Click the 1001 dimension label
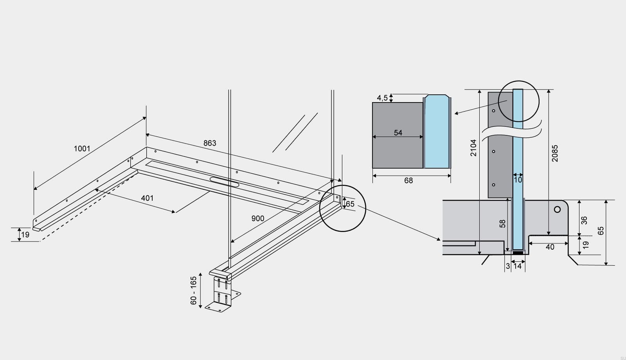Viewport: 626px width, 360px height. point(82,149)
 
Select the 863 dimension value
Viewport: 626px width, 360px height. point(210,143)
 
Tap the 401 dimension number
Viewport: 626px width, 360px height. point(147,198)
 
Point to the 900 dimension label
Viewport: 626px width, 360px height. point(257,218)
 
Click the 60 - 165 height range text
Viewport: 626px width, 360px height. point(194,291)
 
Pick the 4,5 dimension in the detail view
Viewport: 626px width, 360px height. point(382,98)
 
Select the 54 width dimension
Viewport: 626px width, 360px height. point(398,133)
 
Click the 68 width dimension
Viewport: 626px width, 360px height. point(408,180)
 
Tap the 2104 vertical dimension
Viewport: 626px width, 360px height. point(474,148)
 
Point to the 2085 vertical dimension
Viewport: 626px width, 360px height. point(555,153)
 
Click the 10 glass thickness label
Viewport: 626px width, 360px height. point(518,180)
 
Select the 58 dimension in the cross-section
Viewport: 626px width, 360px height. point(503,223)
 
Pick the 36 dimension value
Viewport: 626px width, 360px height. point(584,220)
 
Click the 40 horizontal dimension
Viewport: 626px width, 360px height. point(550,247)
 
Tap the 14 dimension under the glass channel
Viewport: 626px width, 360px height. point(518,266)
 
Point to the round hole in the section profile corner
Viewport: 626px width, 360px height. point(557,209)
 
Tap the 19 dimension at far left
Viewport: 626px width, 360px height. point(25,235)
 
